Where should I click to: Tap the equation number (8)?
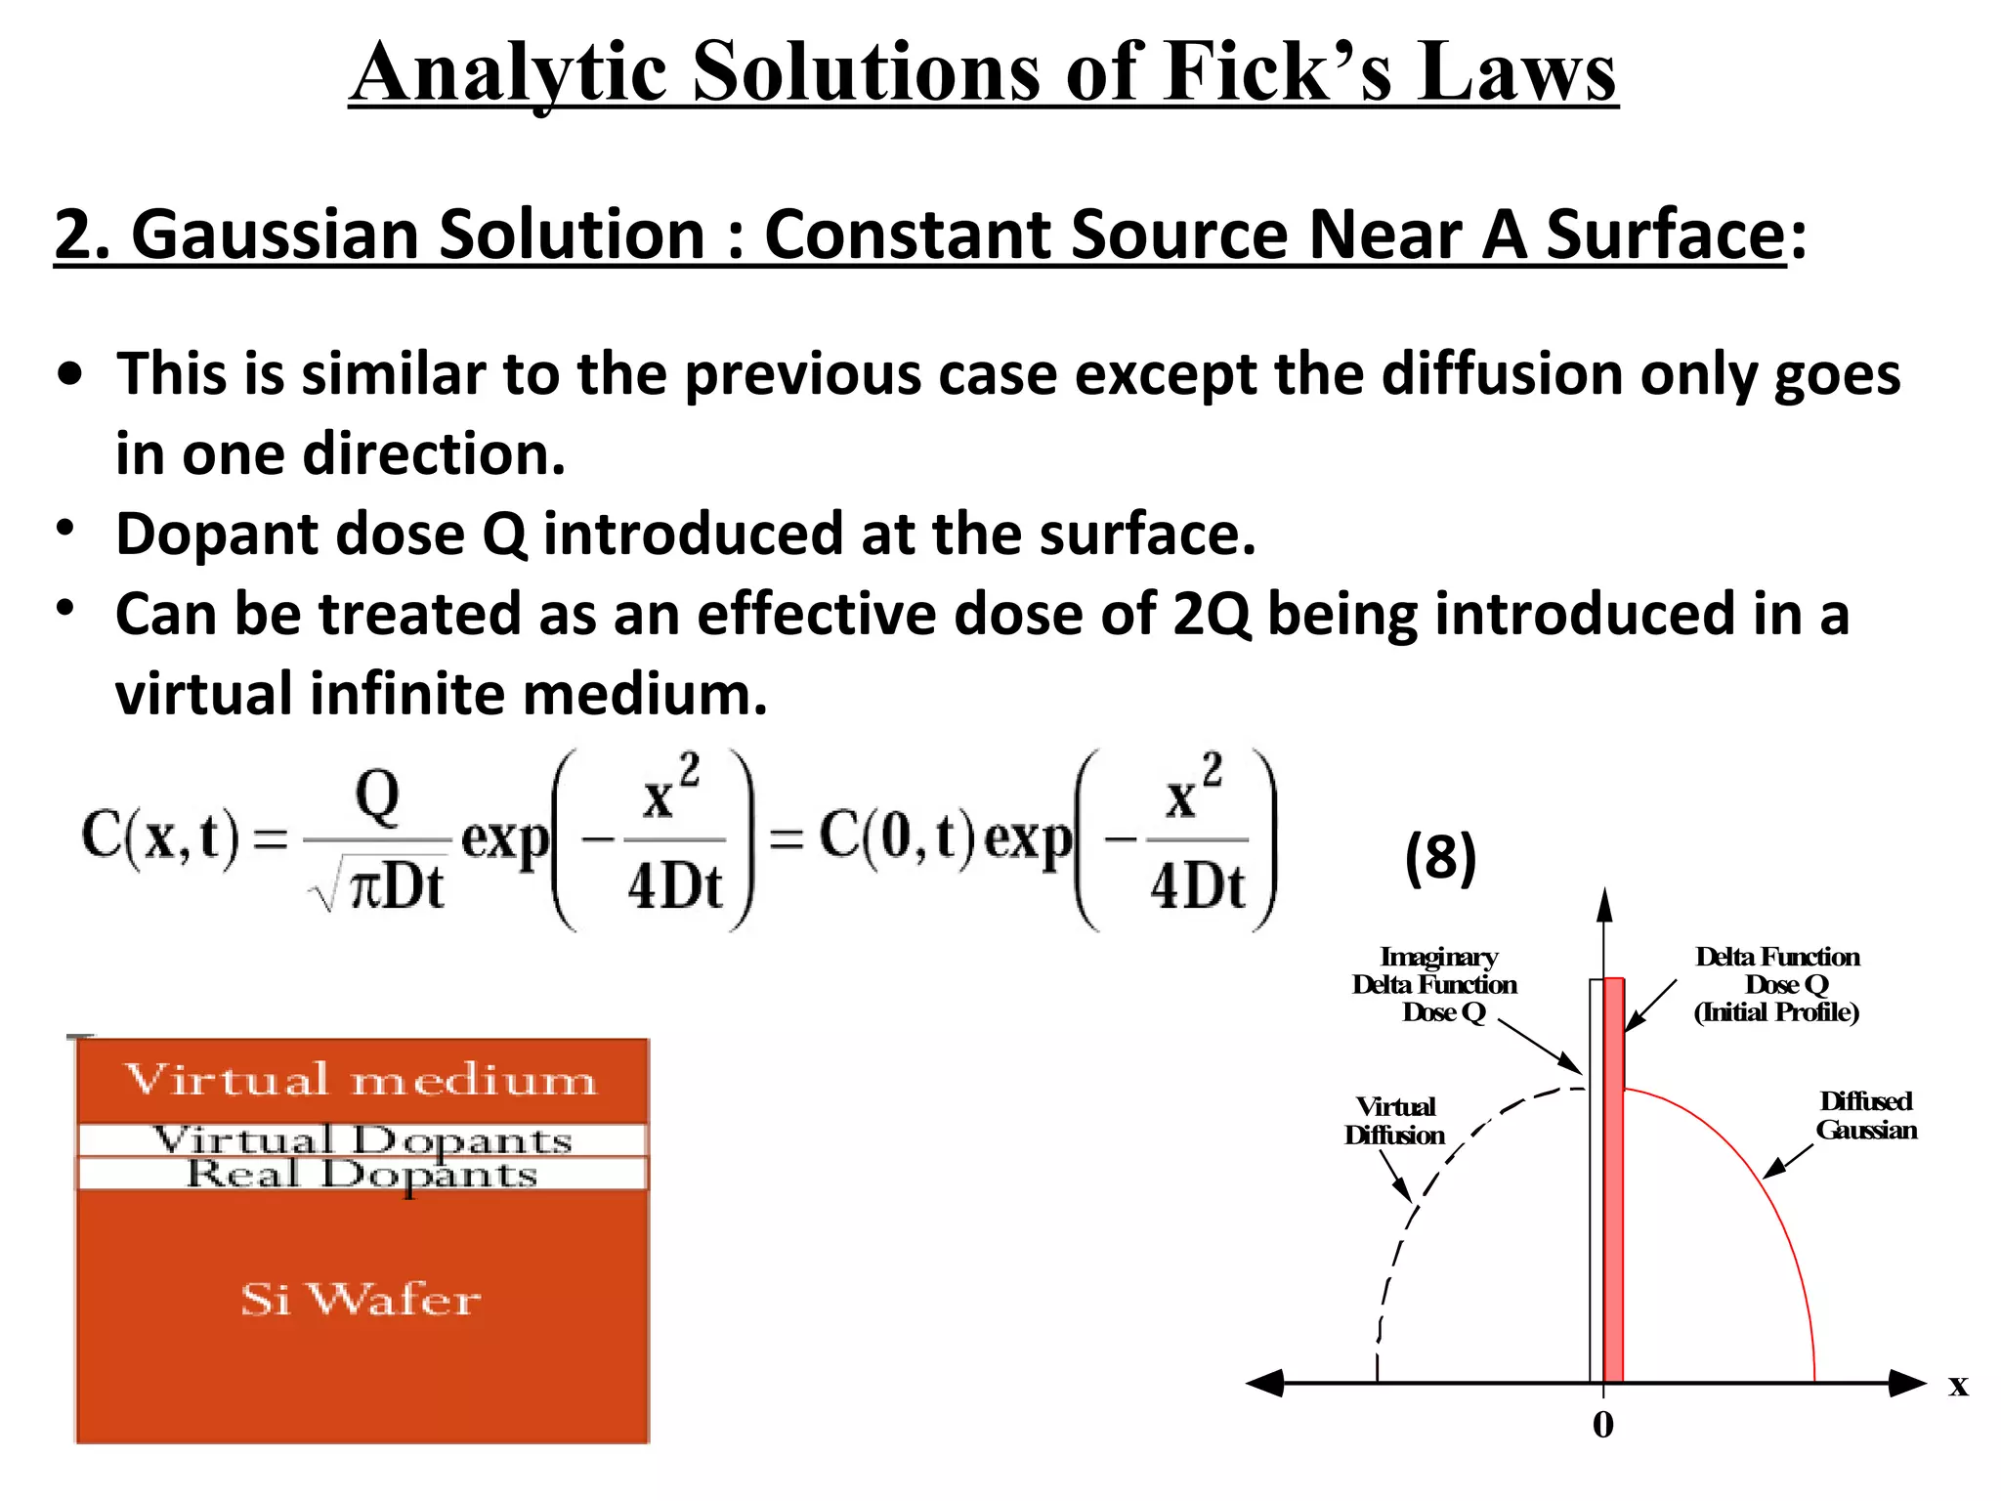point(1440,858)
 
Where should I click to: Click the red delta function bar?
point(1614,1173)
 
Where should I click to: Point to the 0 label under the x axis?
point(1603,1425)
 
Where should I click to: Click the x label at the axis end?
point(1958,1386)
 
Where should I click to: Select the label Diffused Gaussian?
point(1866,1116)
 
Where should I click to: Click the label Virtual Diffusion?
point(1395,1121)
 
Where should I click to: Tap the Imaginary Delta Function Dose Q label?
point(1435,984)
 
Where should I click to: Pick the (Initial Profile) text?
point(1776,1012)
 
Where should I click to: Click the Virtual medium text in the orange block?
point(362,1080)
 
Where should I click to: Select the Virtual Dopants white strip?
point(362,1139)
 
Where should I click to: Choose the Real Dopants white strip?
point(362,1174)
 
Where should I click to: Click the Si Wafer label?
point(362,1300)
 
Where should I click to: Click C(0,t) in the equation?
point(897,838)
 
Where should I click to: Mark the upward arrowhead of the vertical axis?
point(1604,906)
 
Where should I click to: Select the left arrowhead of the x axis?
point(1264,1383)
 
